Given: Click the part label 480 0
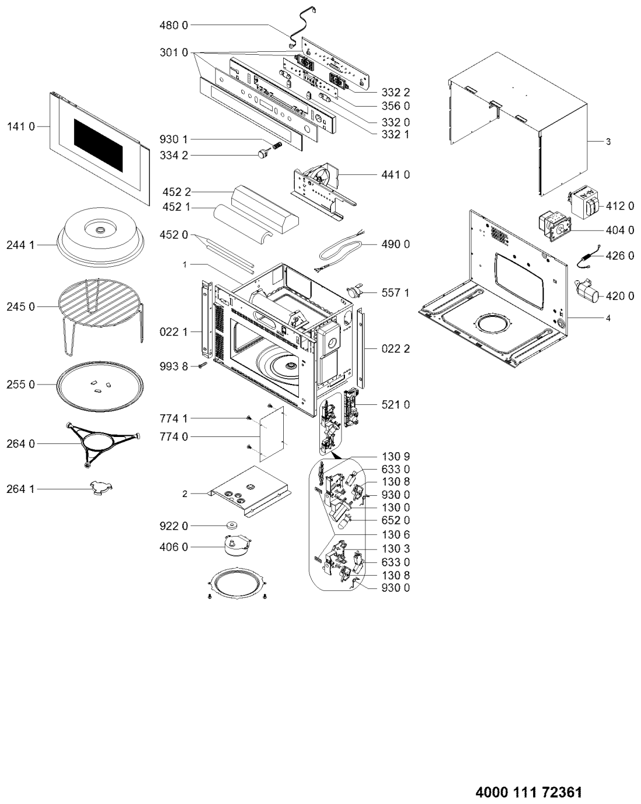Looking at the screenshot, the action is pyautogui.click(x=174, y=26).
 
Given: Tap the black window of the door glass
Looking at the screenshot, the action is pyautogui.click(x=98, y=145).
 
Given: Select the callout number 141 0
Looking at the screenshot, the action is pyautogui.click(x=21, y=126).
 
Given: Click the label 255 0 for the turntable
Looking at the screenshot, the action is pyautogui.click(x=21, y=385).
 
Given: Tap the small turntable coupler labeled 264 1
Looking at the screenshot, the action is pyautogui.click(x=101, y=488).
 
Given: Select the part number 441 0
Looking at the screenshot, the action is pyautogui.click(x=396, y=174).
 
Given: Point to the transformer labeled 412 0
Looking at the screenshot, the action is pyautogui.click(x=584, y=203).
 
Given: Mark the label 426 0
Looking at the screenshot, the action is pyautogui.click(x=619, y=256).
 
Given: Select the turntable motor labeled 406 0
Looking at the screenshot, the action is pyautogui.click(x=238, y=546).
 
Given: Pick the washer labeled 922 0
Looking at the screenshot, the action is pyautogui.click(x=233, y=525).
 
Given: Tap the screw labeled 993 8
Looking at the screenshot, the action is pyautogui.click(x=204, y=365).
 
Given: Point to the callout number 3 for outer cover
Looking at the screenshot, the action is pyautogui.click(x=608, y=142).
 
